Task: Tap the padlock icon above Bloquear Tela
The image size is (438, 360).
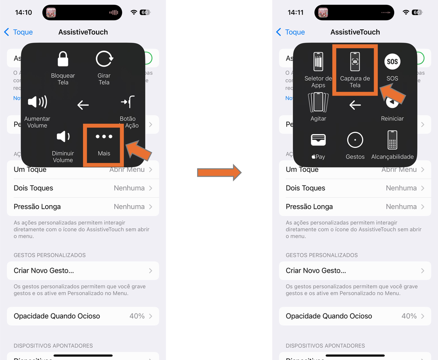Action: click(63, 59)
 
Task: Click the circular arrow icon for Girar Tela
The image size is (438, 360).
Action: click(104, 59)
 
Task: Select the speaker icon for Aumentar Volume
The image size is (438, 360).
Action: click(37, 103)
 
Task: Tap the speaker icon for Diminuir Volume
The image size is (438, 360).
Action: click(63, 136)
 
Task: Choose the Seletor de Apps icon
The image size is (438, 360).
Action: click(318, 62)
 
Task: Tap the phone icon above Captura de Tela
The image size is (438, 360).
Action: click(355, 62)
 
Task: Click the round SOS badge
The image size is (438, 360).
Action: click(392, 61)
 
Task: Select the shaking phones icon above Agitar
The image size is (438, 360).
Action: click(318, 103)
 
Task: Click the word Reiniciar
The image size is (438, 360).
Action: click(392, 118)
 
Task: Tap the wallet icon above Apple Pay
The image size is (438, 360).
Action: click(318, 140)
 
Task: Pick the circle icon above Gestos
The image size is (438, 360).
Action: click(355, 140)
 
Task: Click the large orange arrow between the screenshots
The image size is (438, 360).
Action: click(219, 172)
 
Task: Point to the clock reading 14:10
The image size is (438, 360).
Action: click(24, 12)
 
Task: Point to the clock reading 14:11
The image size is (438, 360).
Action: click(296, 12)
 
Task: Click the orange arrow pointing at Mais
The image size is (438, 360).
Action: click(139, 150)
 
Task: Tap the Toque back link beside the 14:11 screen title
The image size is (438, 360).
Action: click(290, 32)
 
